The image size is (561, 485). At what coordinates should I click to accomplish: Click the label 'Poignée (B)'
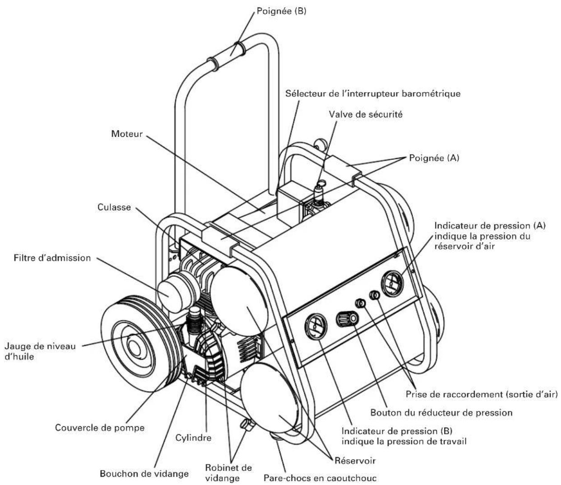[281, 11]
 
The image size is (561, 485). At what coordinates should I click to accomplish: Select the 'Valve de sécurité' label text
[366, 114]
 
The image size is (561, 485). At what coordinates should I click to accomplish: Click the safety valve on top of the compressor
[320, 190]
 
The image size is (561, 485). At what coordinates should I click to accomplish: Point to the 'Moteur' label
[127, 134]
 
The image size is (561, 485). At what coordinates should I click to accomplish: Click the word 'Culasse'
[114, 207]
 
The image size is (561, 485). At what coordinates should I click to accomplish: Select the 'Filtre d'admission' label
[52, 258]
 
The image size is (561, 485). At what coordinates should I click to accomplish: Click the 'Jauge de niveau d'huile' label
[40, 351]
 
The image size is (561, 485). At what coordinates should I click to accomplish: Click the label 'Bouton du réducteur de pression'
[441, 412]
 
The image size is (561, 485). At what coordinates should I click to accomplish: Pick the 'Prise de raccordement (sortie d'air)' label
[481, 394]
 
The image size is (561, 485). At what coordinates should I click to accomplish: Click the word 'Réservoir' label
[355, 461]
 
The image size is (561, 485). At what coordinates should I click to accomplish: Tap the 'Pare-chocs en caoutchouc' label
[320, 478]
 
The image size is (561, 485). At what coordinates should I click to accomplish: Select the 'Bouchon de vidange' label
[144, 474]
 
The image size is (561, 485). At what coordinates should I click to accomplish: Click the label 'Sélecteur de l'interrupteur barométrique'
[373, 93]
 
